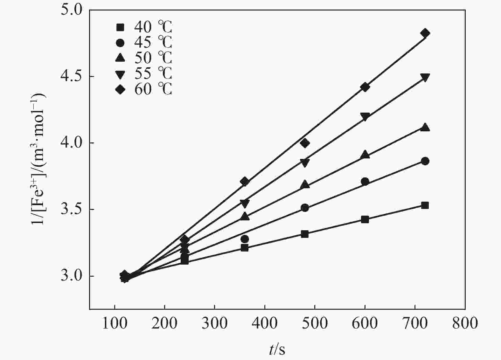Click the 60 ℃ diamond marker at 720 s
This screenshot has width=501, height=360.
(x=425, y=33)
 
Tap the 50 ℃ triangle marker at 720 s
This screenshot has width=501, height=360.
(x=425, y=128)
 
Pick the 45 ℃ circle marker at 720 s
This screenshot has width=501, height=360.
(x=425, y=161)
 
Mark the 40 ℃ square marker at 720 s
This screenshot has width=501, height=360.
(x=425, y=205)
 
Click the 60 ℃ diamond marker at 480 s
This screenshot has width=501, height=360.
(x=305, y=143)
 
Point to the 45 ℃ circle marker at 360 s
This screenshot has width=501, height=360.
(x=245, y=239)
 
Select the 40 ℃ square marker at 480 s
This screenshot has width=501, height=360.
(x=305, y=234)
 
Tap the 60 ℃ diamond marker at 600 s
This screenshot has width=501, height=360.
(x=365, y=87)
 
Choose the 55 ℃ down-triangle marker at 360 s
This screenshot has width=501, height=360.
(x=245, y=203)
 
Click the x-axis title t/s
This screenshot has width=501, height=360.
(x=277, y=350)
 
